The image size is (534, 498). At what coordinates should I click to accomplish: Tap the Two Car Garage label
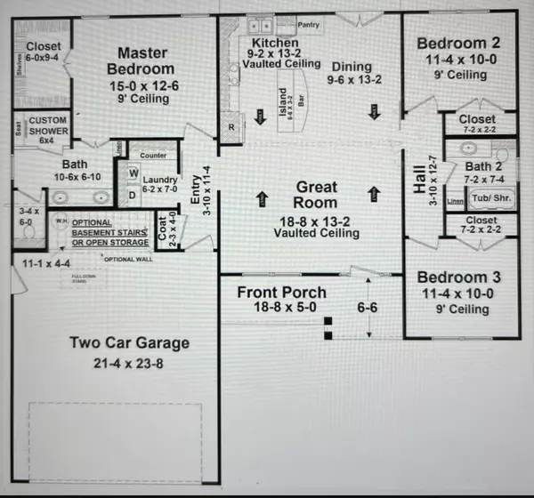coord(131,342)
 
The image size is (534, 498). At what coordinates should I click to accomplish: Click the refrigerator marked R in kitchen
coord(231,127)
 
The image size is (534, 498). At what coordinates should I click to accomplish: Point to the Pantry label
coord(309,25)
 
